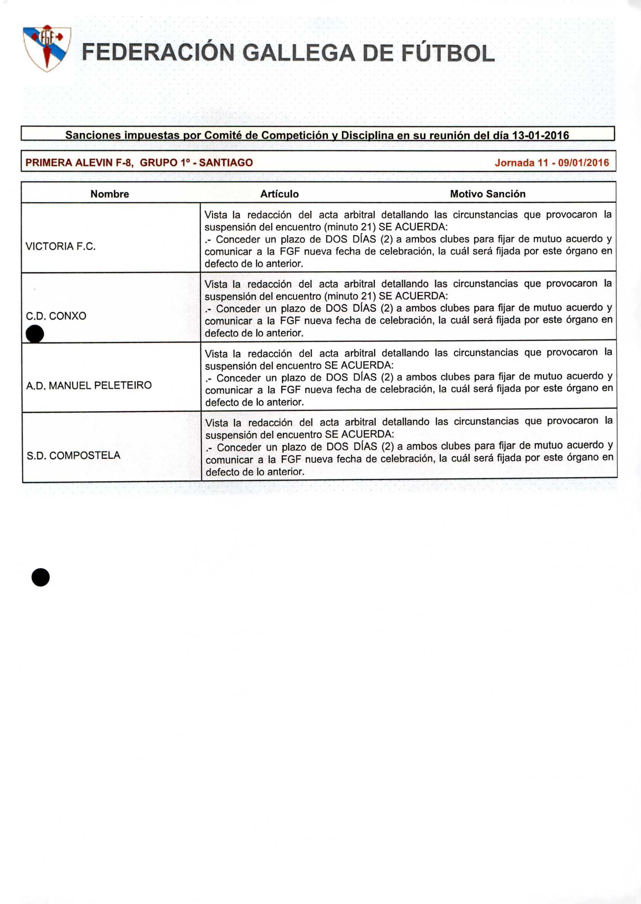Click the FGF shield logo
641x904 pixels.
[47, 48]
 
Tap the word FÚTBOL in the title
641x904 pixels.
[448, 53]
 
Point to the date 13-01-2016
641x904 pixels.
[540, 136]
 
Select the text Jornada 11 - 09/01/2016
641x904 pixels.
[552, 163]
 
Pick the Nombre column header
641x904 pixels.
[110, 194]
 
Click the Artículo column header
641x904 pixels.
[279, 194]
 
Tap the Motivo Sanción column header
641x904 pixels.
[488, 194]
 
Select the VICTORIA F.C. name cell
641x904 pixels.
[61, 247]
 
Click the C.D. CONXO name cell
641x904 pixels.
[56, 316]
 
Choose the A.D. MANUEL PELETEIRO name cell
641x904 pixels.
[89, 385]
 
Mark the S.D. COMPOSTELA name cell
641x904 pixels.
[73, 455]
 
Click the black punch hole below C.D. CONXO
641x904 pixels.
[35, 334]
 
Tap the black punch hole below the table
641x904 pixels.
[41, 577]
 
